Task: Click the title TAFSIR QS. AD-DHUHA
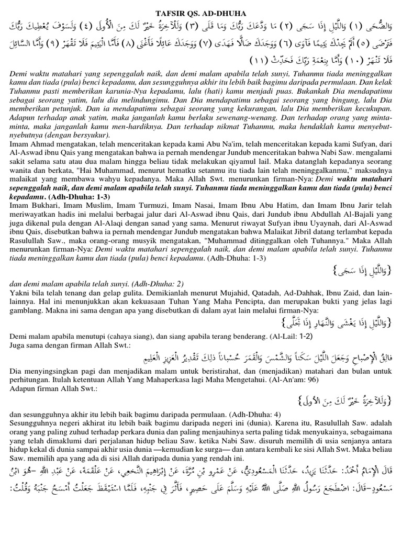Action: (x=200, y=6)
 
